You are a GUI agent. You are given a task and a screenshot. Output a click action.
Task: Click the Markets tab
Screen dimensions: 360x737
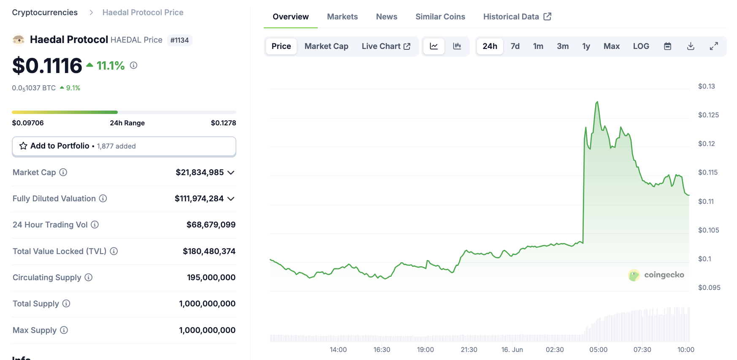click(342, 17)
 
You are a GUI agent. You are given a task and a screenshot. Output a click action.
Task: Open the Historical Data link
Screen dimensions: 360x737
click(517, 17)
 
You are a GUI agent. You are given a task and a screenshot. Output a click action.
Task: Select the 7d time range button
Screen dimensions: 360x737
click(515, 46)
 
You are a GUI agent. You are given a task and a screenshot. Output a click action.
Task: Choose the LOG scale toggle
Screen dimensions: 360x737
click(641, 46)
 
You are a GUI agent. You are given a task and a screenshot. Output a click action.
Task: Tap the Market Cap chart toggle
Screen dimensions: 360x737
click(326, 46)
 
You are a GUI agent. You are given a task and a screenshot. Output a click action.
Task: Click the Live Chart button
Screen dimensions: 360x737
click(386, 46)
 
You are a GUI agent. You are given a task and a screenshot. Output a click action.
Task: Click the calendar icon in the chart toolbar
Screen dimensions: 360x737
click(667, 46)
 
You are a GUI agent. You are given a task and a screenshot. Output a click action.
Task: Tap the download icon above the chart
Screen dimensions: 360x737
click(691, 46)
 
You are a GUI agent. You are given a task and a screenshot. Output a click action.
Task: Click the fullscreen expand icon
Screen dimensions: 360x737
click(714, 46)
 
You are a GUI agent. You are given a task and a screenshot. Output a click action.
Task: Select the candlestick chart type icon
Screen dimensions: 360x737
click(457, 46)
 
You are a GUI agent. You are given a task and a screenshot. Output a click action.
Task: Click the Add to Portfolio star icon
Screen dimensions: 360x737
click(23, 146)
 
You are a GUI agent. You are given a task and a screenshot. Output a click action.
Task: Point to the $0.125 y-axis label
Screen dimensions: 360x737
click(708, 115)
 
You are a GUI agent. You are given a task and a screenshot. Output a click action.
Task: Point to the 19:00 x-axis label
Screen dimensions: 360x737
click(425, 350)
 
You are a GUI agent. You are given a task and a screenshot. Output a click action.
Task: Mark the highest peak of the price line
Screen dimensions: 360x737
click(597, 102)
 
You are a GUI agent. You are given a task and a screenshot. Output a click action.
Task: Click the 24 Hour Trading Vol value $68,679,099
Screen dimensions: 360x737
click(211, 225)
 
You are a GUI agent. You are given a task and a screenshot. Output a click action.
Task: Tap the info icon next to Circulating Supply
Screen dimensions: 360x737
click(89, 278)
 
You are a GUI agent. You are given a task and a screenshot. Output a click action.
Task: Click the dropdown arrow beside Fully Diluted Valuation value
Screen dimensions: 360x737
click(231, 199)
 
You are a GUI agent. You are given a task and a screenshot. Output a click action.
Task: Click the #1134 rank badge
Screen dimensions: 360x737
click(179, 41)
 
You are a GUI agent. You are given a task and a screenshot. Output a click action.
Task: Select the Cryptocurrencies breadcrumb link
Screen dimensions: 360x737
click(45, 13)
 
